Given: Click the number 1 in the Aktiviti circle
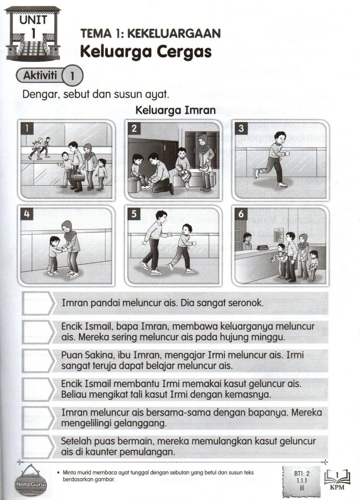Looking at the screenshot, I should (x=72, y=76).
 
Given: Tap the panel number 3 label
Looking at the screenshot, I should (x=241, y=128).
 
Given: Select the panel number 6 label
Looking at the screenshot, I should (x=241, y=214).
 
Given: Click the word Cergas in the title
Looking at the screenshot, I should (x=184, y=52).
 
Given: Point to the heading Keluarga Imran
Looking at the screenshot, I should (x=175, y=110).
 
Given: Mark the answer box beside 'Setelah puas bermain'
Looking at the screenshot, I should (x=38, y=446).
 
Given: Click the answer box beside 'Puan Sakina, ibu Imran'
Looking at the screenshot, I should (x=38, y=361).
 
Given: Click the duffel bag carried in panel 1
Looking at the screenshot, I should (x=79, y=178).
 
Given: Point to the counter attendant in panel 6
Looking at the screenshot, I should (x=248, y=241).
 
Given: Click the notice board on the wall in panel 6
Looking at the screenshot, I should (x=279, y=235).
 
